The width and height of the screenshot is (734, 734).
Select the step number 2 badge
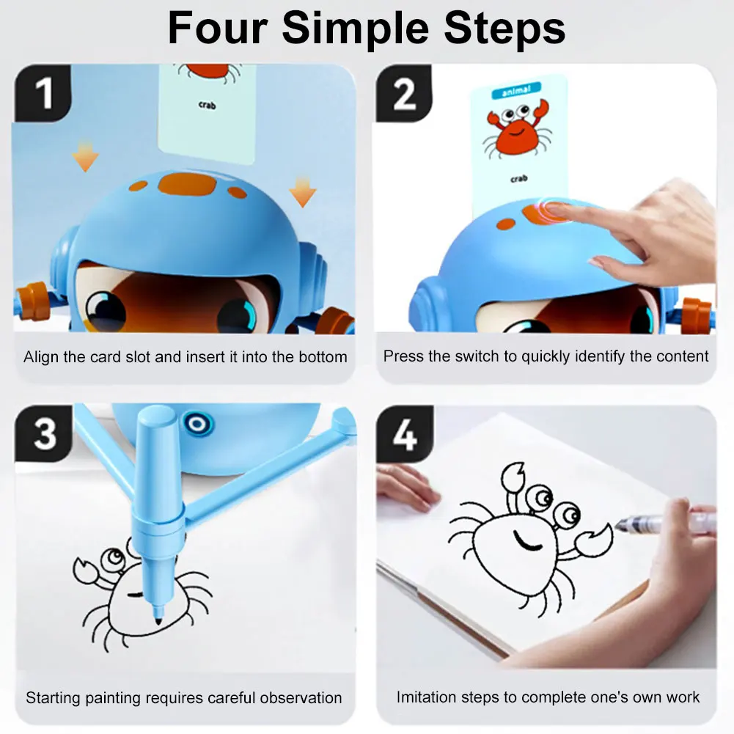point(405,94)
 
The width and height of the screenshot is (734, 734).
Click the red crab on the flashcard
point(516,133)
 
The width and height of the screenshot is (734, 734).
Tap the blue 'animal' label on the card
point(516,92)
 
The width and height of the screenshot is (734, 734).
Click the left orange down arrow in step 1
point(85,156)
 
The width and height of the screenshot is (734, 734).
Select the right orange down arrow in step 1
point(301,192)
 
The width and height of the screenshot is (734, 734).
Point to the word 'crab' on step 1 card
point(207,105)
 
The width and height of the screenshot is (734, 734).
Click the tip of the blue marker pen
point(157,620)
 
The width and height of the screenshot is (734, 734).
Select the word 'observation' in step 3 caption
point(296,697)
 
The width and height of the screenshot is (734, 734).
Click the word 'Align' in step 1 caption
point(40,357)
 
